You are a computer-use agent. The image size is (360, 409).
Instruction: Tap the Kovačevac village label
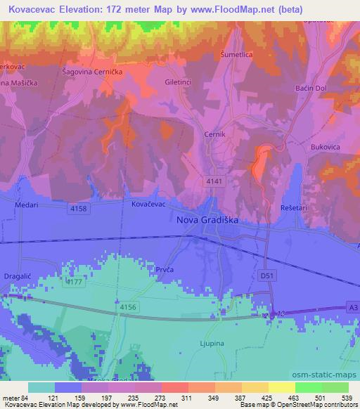coord(148,203)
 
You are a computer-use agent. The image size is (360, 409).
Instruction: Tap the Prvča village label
coord(167,268)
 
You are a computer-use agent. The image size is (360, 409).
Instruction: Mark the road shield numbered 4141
coord(215,181)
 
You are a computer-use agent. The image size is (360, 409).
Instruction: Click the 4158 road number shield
coord(78,209)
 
